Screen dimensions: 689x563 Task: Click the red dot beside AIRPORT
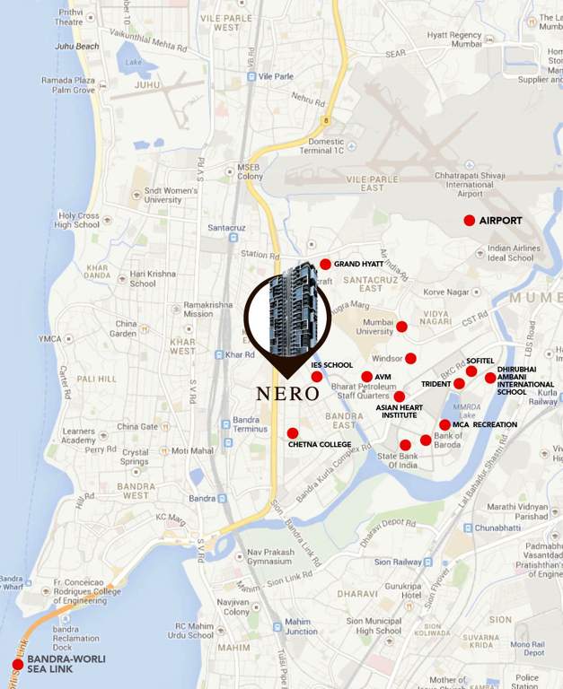pos(469,221)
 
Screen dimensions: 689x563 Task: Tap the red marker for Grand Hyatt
pos(325,265)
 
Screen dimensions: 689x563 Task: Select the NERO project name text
pos(287,393)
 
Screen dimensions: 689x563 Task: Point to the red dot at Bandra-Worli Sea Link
pos(17,665)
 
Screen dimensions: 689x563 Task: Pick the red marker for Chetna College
pos(293,433)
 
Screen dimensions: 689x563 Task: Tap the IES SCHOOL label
pos(331,365)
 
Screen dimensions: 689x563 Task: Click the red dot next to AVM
pos(366,377)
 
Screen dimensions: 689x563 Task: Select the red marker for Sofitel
pos(471,371)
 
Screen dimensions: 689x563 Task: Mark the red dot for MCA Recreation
pos(444,425)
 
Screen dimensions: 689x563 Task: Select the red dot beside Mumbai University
pos(401,327)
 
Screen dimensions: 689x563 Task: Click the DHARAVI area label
pos(357,593)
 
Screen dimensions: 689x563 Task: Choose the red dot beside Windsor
pos(410,359)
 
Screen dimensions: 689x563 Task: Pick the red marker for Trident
pos(459,384)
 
